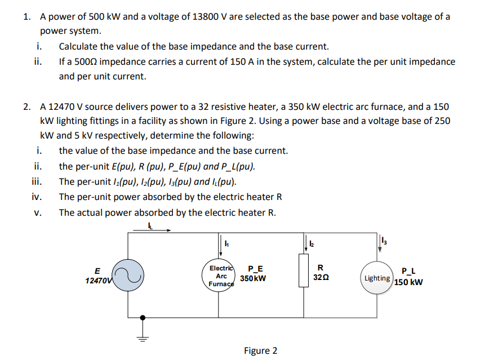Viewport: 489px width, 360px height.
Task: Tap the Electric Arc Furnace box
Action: [221, 276]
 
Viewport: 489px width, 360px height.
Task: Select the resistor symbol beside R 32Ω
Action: [304, 271]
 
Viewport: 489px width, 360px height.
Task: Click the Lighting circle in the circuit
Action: [377, 278]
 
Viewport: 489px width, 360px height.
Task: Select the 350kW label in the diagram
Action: [253, 278]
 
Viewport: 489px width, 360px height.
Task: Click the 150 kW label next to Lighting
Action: [408, 282]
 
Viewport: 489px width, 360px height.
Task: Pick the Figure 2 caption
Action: [260, 351]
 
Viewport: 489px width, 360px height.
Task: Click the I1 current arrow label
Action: [226, 243]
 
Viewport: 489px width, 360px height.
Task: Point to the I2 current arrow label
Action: [312, 243]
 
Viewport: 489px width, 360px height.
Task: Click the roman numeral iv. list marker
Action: [37, 197]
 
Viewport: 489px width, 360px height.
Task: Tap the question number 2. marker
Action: [28, 106]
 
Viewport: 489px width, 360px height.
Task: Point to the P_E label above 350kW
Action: [255, 269]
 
